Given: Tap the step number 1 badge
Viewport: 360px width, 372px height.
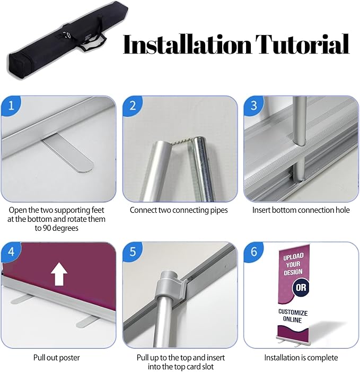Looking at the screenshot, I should [x=11, y=105].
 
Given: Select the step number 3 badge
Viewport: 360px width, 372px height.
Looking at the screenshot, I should [x=253, y=105].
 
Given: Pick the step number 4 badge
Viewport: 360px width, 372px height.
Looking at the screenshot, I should [x=11, y=251].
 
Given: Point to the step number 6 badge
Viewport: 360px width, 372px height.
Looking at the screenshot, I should [x=253, y=251].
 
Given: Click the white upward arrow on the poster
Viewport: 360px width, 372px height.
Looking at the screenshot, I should [x=58, y=275].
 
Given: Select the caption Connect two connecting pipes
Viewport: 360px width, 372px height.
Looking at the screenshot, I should [x=179, y=210].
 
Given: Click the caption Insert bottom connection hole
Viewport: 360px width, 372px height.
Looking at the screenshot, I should [x=301, y=210].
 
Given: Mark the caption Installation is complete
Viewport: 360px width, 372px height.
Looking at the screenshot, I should [x=301, y=358].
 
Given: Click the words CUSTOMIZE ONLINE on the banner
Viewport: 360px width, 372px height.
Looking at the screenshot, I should [x=293, y=316].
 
